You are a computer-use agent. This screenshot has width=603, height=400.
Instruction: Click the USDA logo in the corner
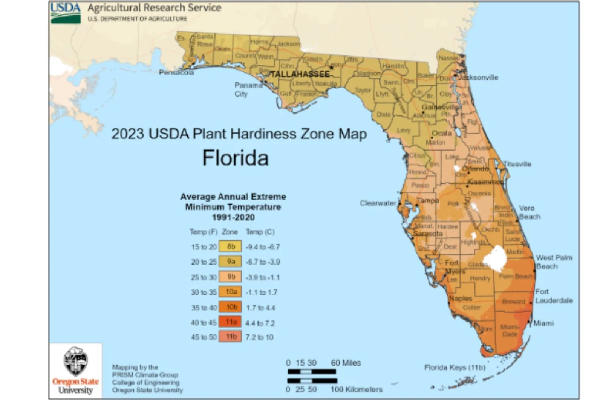[66, 12]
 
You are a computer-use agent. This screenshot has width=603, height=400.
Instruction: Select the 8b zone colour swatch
[230, 247]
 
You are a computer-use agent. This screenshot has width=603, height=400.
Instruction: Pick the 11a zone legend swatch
[230, 322]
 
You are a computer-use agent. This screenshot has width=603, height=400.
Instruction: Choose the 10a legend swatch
[230, 292]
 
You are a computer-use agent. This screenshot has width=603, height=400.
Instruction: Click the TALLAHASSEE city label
[300, 74]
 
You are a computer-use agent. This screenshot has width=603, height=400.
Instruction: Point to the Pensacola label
[176, 72]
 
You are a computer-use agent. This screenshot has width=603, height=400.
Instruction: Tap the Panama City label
[248, 89]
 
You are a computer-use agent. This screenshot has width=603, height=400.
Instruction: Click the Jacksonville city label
[478, 77]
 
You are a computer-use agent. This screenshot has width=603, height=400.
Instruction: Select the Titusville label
[517, 164]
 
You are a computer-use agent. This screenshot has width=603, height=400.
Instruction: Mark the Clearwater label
[378, 203]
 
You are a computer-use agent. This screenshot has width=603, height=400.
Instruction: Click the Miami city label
[543, 323]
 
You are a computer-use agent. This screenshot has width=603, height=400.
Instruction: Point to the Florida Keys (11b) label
[455, 367]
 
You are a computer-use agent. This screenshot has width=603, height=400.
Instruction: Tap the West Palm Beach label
[554, 262]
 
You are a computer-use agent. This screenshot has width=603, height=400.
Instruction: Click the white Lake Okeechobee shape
[495, 259]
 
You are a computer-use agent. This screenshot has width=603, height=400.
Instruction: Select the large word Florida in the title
[235, 158]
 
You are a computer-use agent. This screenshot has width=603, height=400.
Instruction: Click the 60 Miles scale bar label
[346, 363]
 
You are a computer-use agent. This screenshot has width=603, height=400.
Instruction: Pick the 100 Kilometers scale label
[356, 389]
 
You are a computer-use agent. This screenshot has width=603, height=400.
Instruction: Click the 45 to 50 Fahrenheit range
[204, 337]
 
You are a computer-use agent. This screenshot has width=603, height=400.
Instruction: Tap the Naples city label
[461, 298]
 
